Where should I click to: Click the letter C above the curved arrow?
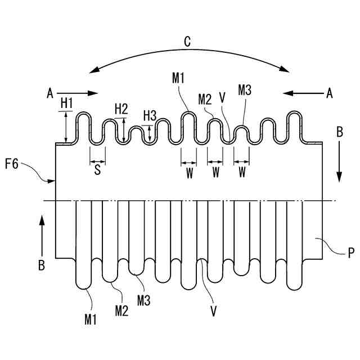click(187, 41)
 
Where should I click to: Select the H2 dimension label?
click(121, 109)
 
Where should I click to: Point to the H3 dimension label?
click(149, 115)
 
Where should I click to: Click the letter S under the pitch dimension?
click(97, 171)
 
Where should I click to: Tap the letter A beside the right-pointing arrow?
click(50, 93)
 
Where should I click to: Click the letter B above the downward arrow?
click(339, 133)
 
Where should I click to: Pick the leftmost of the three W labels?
click(190, 173)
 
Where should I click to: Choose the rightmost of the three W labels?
click(242, 173)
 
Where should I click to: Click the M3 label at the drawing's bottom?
click(143, 301)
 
